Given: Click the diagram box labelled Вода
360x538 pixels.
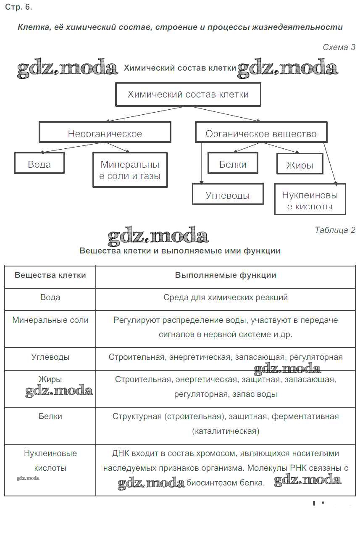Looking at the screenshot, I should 39,163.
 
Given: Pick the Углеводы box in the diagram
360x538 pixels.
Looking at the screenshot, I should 228,194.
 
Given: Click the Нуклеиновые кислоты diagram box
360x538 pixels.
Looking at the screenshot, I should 310,199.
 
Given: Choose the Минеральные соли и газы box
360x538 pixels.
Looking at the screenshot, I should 130,170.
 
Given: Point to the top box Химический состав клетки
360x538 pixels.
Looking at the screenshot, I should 188,94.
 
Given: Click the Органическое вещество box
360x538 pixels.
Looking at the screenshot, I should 261,132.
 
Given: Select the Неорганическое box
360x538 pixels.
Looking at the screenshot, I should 105,132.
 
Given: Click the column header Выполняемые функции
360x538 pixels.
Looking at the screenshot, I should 226,275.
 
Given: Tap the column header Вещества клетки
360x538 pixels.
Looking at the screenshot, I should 50,275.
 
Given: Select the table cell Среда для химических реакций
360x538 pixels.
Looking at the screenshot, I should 226,298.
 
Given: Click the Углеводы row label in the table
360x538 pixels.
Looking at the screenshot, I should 50,357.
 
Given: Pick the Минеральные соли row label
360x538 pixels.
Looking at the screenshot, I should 50,320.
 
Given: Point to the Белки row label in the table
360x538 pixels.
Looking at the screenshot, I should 50,417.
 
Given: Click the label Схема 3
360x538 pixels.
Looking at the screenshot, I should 339,47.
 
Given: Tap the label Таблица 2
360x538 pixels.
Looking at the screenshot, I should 335,230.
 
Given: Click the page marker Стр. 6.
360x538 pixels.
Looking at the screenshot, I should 18,7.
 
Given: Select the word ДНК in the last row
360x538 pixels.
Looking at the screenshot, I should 121,454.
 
